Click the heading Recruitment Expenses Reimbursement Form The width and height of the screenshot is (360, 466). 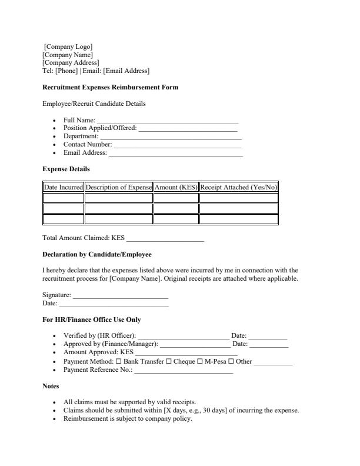tap(110, 88)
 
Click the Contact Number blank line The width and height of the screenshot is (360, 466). tap(177, 145)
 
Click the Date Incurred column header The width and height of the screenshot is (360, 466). tap(64, 187)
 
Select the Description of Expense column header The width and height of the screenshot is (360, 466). tap(119, 187)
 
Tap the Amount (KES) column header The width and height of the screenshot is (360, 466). tap(176, 187)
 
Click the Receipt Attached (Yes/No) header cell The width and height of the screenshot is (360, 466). tap(238, 187)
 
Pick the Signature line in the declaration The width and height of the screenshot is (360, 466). tap(120, 295)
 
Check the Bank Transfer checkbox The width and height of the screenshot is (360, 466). tap(118, 361)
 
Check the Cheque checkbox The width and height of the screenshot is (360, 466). tap(169, 361)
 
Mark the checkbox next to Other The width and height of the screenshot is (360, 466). tap(231, 361)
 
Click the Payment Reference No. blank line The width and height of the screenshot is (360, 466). tap(184, 370)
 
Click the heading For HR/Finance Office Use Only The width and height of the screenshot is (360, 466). tap(91, 320)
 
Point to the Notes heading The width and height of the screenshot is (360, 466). tap(51, 387)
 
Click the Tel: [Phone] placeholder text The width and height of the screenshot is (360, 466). tap(59, 71)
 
